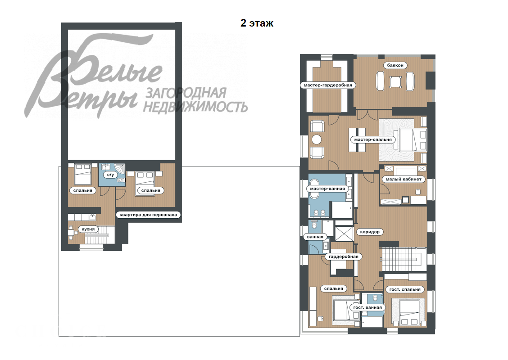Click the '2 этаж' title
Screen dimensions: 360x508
point(257,23)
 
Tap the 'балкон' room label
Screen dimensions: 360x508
point(395,65)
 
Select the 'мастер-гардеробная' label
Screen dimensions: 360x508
point(328,85)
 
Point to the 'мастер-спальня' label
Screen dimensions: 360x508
point(373,139)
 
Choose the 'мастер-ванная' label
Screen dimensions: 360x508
point(327,189)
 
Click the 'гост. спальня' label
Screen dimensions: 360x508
point(404,289)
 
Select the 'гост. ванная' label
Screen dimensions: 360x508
point(367,308)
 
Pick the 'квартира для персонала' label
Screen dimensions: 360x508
point(149,215)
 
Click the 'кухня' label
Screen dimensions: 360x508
point(88,229)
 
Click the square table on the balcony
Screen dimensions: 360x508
point(395,82)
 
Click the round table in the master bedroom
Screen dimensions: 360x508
point(317,139)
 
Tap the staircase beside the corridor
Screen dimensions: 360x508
point(402,259)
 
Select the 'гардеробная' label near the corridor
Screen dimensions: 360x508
point(344,256)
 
